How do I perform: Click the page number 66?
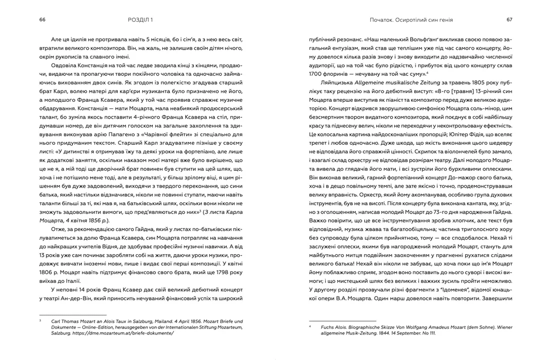point(42,20)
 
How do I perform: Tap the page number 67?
point(510,20)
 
